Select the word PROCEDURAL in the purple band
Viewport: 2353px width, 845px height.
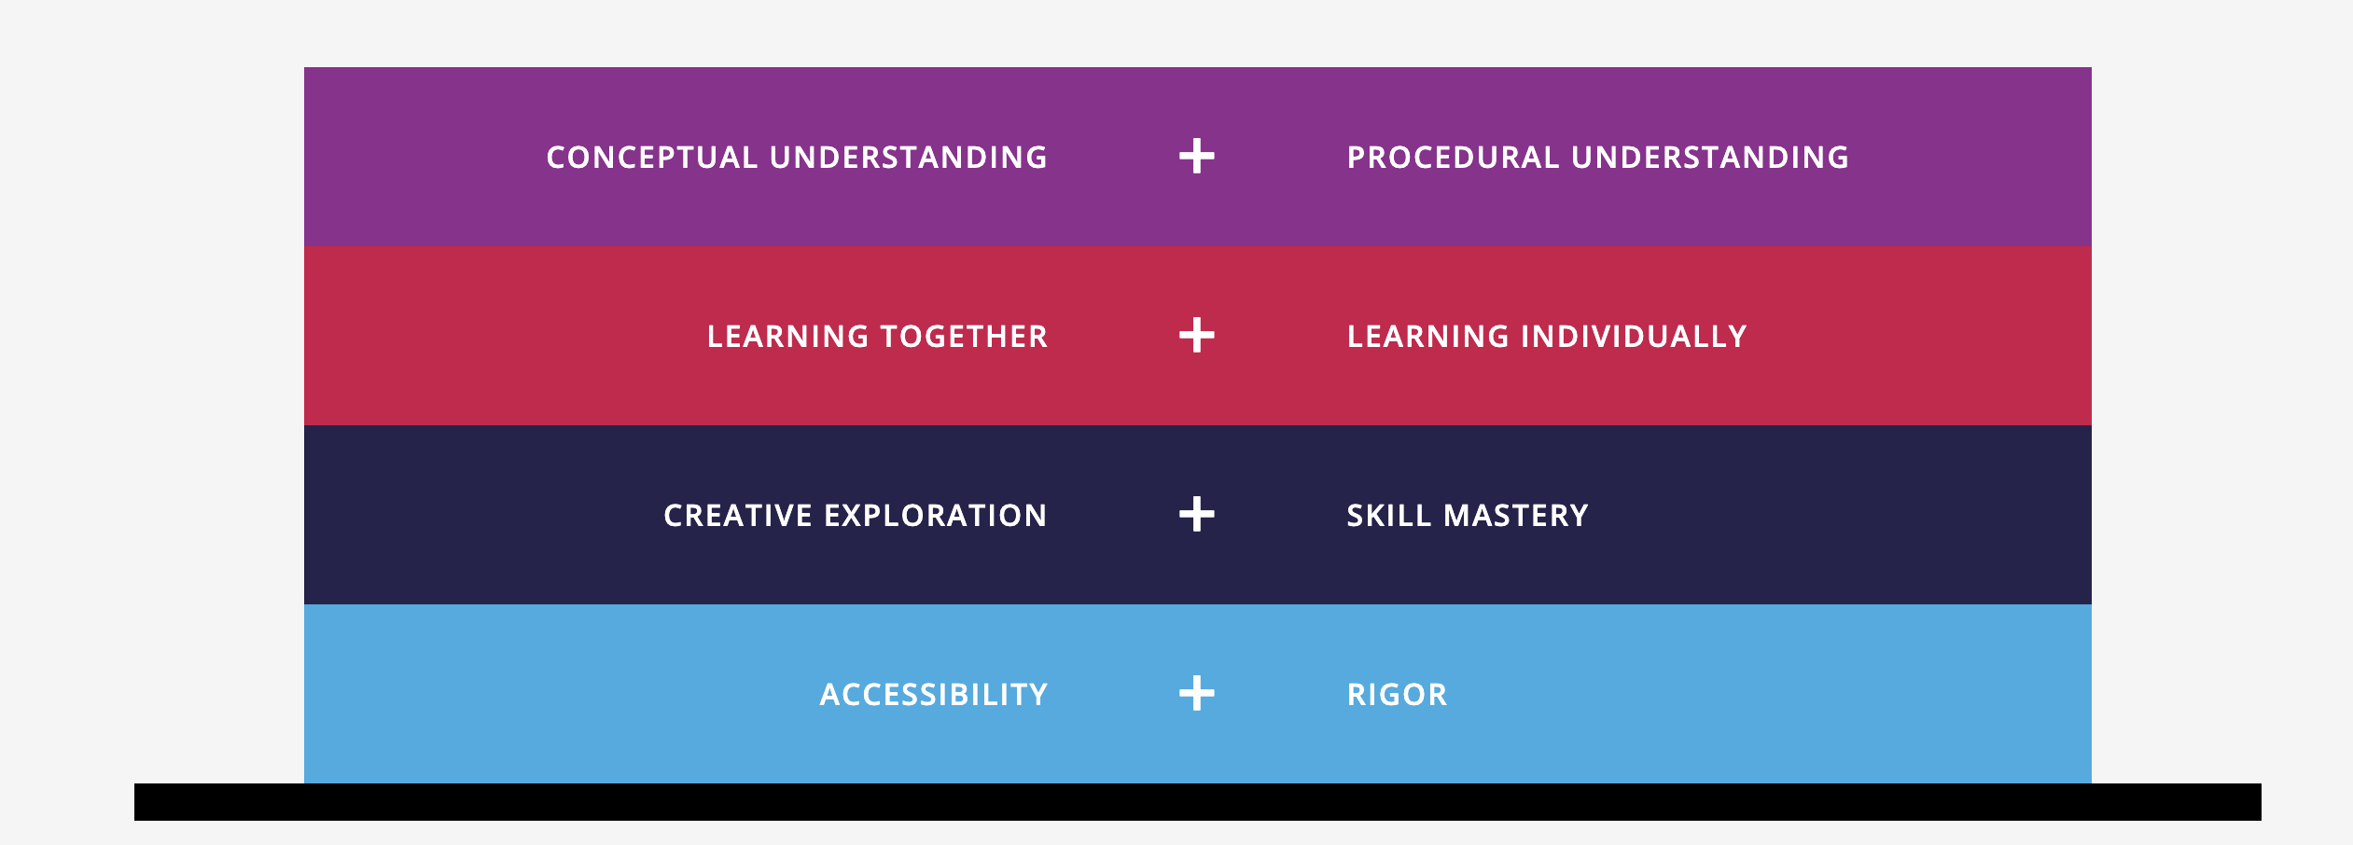1453,158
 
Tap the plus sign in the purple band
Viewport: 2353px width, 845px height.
1197,157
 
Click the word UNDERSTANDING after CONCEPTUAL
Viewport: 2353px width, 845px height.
909,158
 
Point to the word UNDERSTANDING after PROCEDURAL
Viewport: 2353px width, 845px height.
1710,158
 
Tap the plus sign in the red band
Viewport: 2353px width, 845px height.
1197,336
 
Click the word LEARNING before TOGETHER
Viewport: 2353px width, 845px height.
787,337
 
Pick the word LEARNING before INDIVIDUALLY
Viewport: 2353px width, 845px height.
1427,337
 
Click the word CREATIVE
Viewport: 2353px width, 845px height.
738,516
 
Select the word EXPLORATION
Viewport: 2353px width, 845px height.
936,516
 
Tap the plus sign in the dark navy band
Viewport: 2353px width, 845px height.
1197,515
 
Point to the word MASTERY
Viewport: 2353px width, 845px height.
1516,516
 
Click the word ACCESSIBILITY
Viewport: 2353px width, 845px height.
934,695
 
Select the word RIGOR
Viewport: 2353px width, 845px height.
1397,695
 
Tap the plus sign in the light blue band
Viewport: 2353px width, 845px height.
1197,694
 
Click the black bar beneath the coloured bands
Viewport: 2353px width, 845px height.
1198,802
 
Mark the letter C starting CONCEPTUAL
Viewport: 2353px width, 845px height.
558,158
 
